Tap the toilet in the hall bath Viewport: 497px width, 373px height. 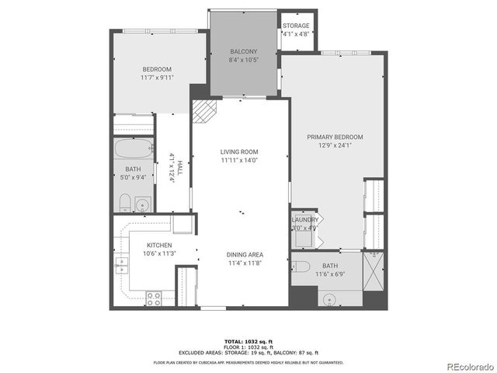click(124, 204)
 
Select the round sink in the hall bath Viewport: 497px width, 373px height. click(141, 205)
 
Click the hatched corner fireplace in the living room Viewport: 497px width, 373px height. click(204, 112)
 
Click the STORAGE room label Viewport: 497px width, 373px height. click(296, 26)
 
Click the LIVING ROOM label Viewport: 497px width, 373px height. click(238, 152)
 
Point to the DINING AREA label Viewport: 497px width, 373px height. click(245, 254)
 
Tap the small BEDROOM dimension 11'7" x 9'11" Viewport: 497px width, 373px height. click(158, 78)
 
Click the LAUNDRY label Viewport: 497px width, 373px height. click(304, 220)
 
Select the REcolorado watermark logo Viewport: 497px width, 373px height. click(467, 366)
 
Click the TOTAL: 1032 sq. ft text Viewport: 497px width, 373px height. click(248, 341)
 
